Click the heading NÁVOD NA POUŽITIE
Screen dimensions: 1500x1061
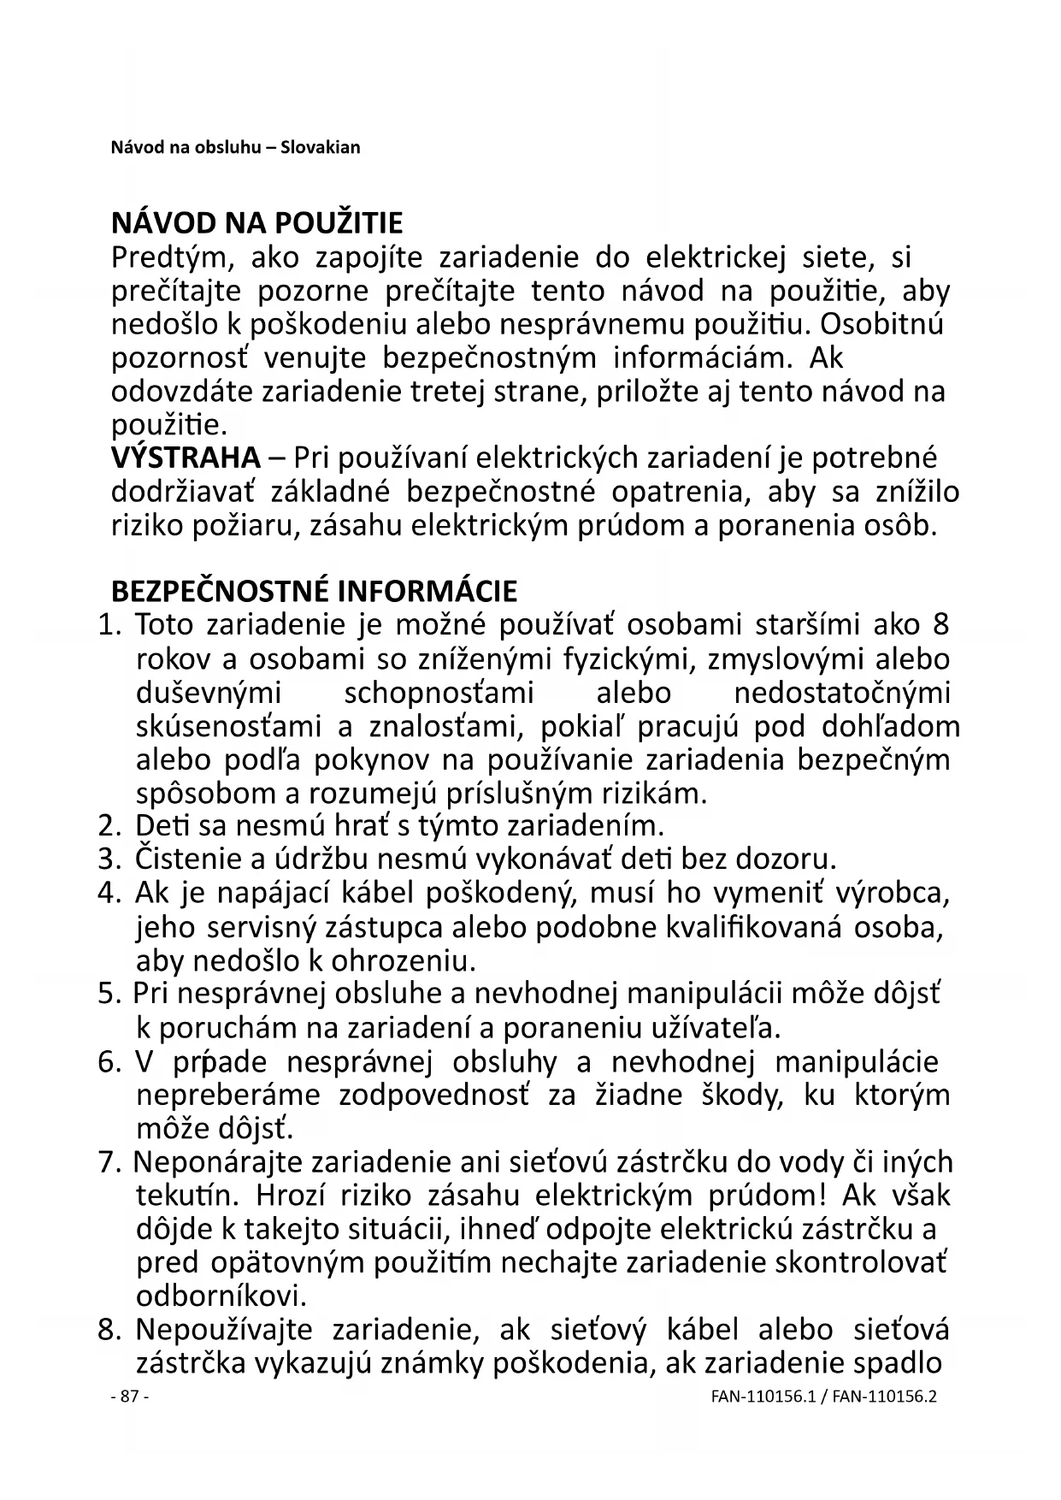tap(256, 224)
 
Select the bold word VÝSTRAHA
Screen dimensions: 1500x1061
tap(186, 458)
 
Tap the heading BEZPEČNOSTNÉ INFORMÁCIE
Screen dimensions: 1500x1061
tap(314, 592)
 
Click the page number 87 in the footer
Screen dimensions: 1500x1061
tap(130, 1397)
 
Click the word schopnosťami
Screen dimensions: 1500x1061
tap(439, 693)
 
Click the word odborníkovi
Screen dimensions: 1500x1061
tap(221, 1296)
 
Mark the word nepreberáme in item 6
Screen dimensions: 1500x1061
tap(228, 1095)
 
